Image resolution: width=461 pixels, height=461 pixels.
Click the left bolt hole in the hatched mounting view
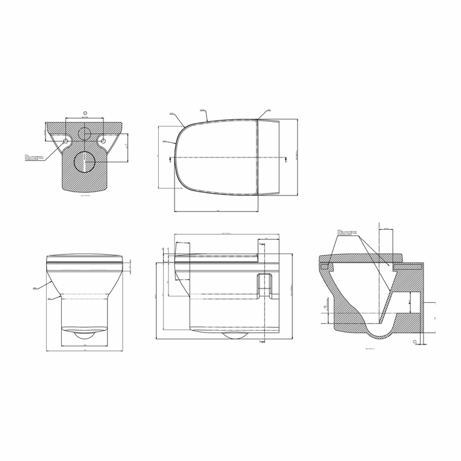(66, 141)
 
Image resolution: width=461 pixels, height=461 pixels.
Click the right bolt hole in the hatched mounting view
(103, 141)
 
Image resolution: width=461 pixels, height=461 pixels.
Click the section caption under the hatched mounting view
(84, 196)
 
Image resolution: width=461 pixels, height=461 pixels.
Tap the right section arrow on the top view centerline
(285, 158)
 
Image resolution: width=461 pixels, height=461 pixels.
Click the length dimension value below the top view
(218, 211)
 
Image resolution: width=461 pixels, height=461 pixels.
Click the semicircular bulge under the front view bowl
(84, 333)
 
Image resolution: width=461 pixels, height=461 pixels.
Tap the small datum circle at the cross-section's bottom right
(414, 342)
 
